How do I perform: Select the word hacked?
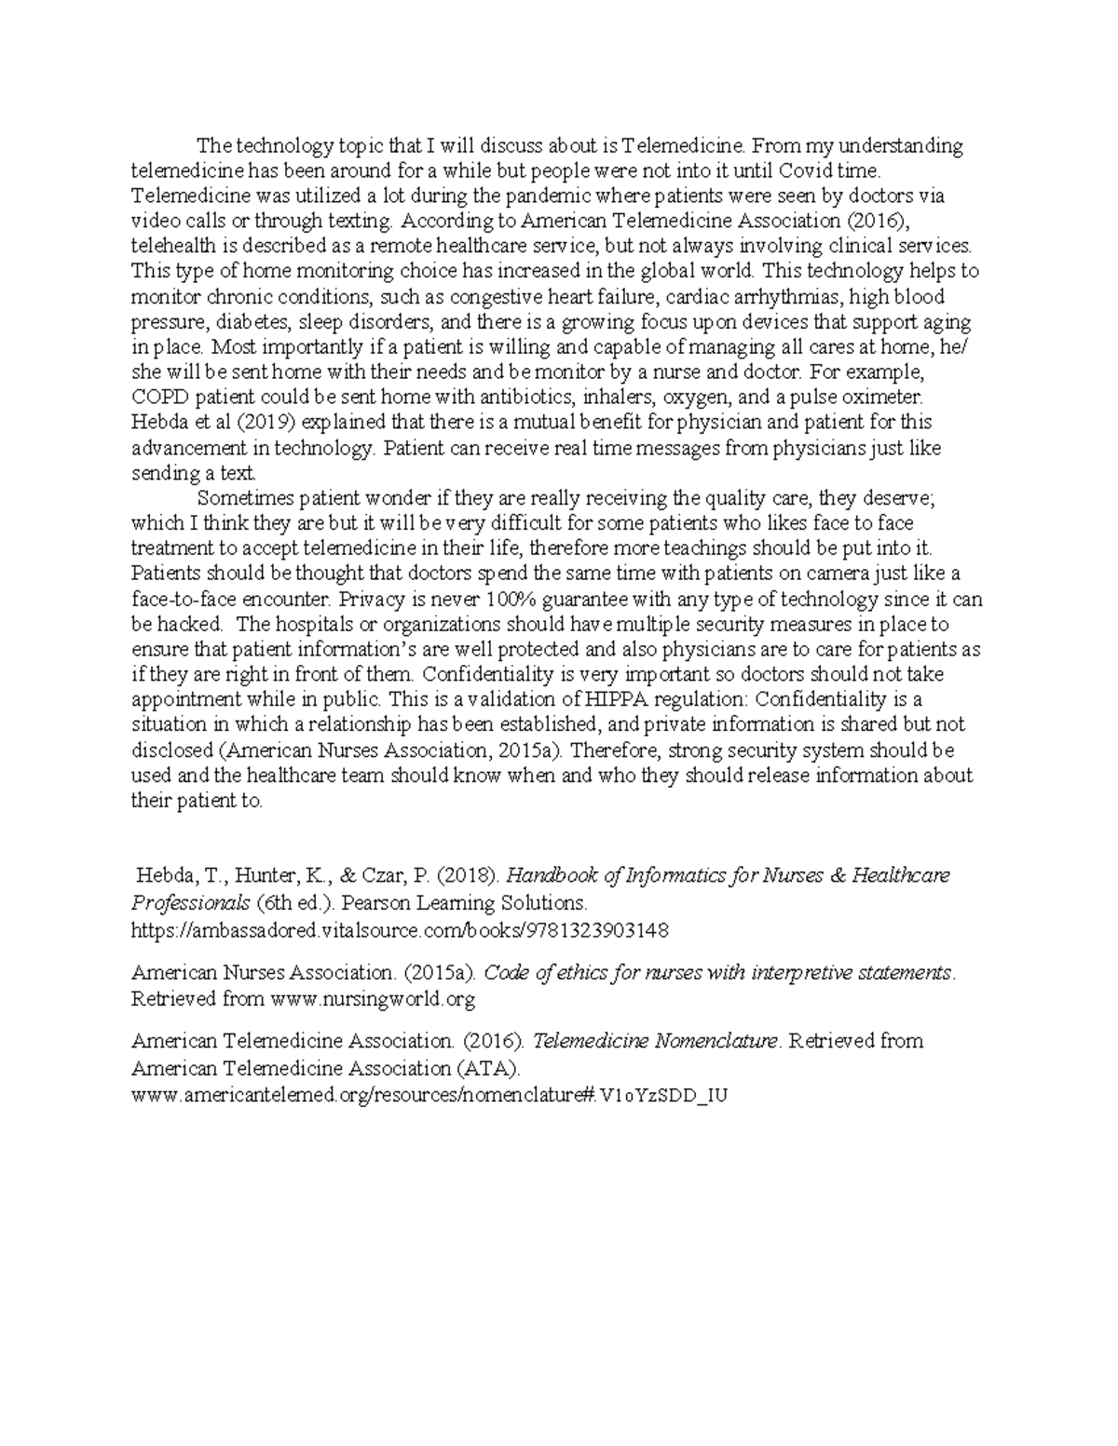click(x=190, y=624)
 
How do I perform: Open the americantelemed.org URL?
click(x=429, y=1095)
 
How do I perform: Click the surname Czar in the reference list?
click(x=386, y=876)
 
